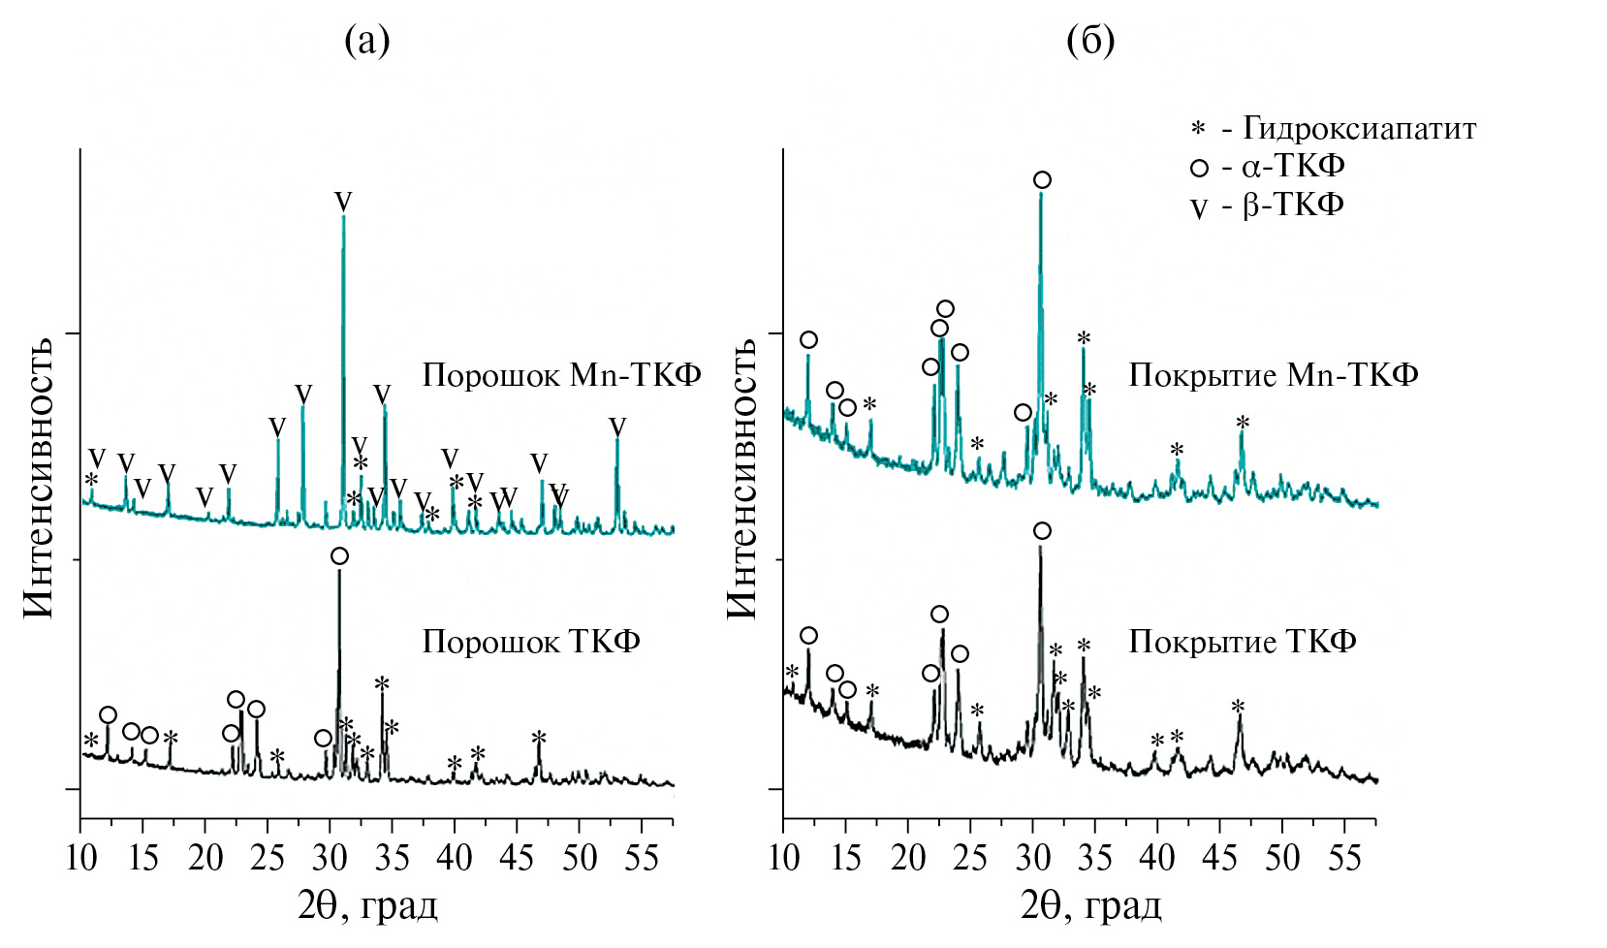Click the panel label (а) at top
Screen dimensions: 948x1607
(x=367, y=41)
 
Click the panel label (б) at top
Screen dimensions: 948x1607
(x=1090, y=41)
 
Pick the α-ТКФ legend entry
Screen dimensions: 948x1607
(x=1269, y=167)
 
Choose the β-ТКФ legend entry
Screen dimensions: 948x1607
(x=1269, y=205)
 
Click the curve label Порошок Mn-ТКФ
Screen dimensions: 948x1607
(x=561, y=375)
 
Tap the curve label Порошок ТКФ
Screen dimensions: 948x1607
(x=531, y=642)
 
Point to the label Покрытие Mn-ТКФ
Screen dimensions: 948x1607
(x=1273, y=375)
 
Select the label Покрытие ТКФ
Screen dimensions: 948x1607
(x=1242, y=642)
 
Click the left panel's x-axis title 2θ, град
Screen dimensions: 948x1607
(x=367, y=906)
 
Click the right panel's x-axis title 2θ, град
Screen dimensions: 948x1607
(x=1090, y=906)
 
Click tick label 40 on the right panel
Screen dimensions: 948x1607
(x=1156, y=859)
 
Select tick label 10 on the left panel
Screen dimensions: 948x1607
(x=80, y=859)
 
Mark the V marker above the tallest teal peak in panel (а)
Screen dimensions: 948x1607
(x=343, y=202)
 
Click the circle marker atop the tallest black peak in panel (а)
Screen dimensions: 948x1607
(x=339, y=555)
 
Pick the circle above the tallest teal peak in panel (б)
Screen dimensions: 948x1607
(x=1042, y=179)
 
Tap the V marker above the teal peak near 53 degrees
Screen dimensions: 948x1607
(x=617, y=427)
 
